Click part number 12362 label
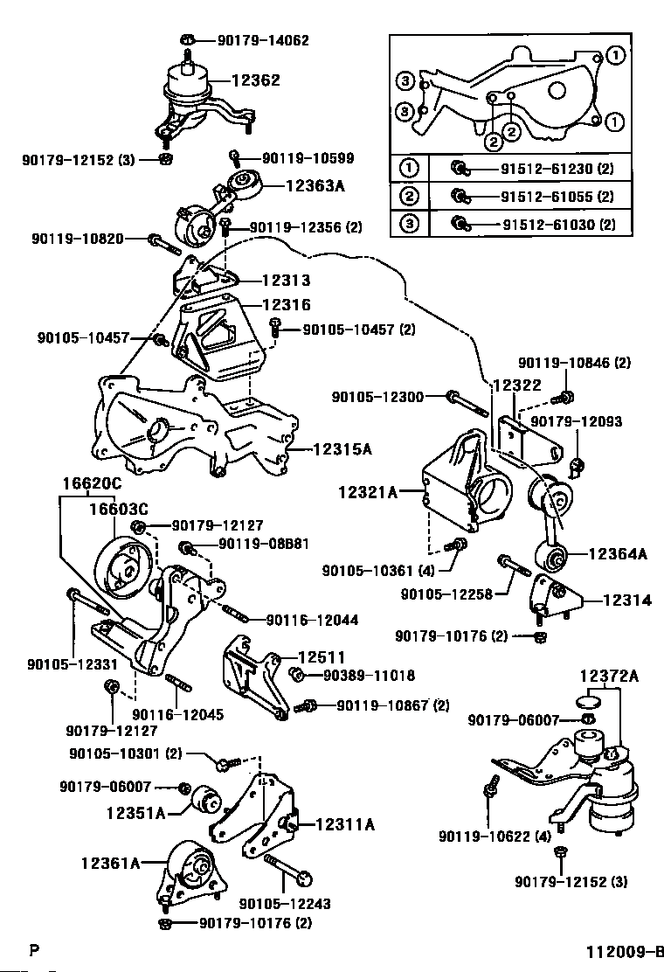coord(255,80)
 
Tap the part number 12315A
coord(342,449)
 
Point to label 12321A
coord(368,493)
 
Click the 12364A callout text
coord(617,553)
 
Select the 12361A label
coord(135,864)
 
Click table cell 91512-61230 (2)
coord(556,169)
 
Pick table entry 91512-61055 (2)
coord(556,197)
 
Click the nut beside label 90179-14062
coord(189,39)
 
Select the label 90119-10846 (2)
coord(574,363)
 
